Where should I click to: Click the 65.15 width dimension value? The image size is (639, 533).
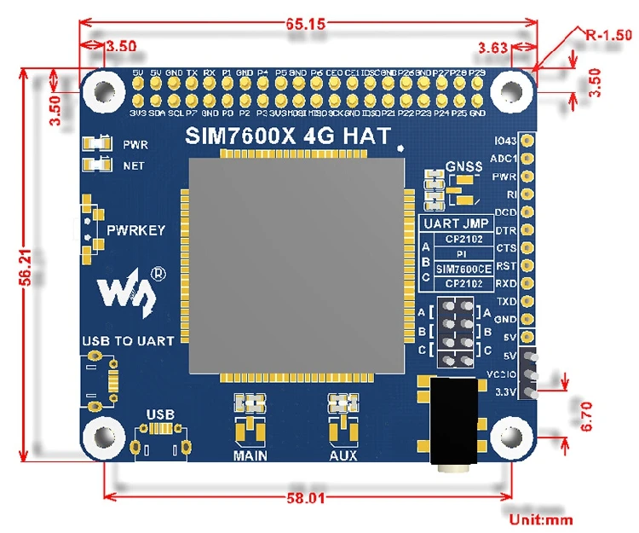[x=306, y=25]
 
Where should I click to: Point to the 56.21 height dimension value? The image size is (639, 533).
[x=27, y=264]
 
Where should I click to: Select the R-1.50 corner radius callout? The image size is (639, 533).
[x=609, y=36]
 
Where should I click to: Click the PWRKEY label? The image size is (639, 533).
[x=136, y=230]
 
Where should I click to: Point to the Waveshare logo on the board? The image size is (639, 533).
[x=128, y=289]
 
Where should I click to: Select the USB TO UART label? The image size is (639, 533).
[x=128, y=341]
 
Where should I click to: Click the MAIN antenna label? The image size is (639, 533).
[x=250, y=455]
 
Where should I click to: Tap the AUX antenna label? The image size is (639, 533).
[x=343, y=455]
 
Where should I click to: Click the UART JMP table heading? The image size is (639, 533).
[x=458, y=224]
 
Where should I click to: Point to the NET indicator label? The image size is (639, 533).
[x=134, y=165]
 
